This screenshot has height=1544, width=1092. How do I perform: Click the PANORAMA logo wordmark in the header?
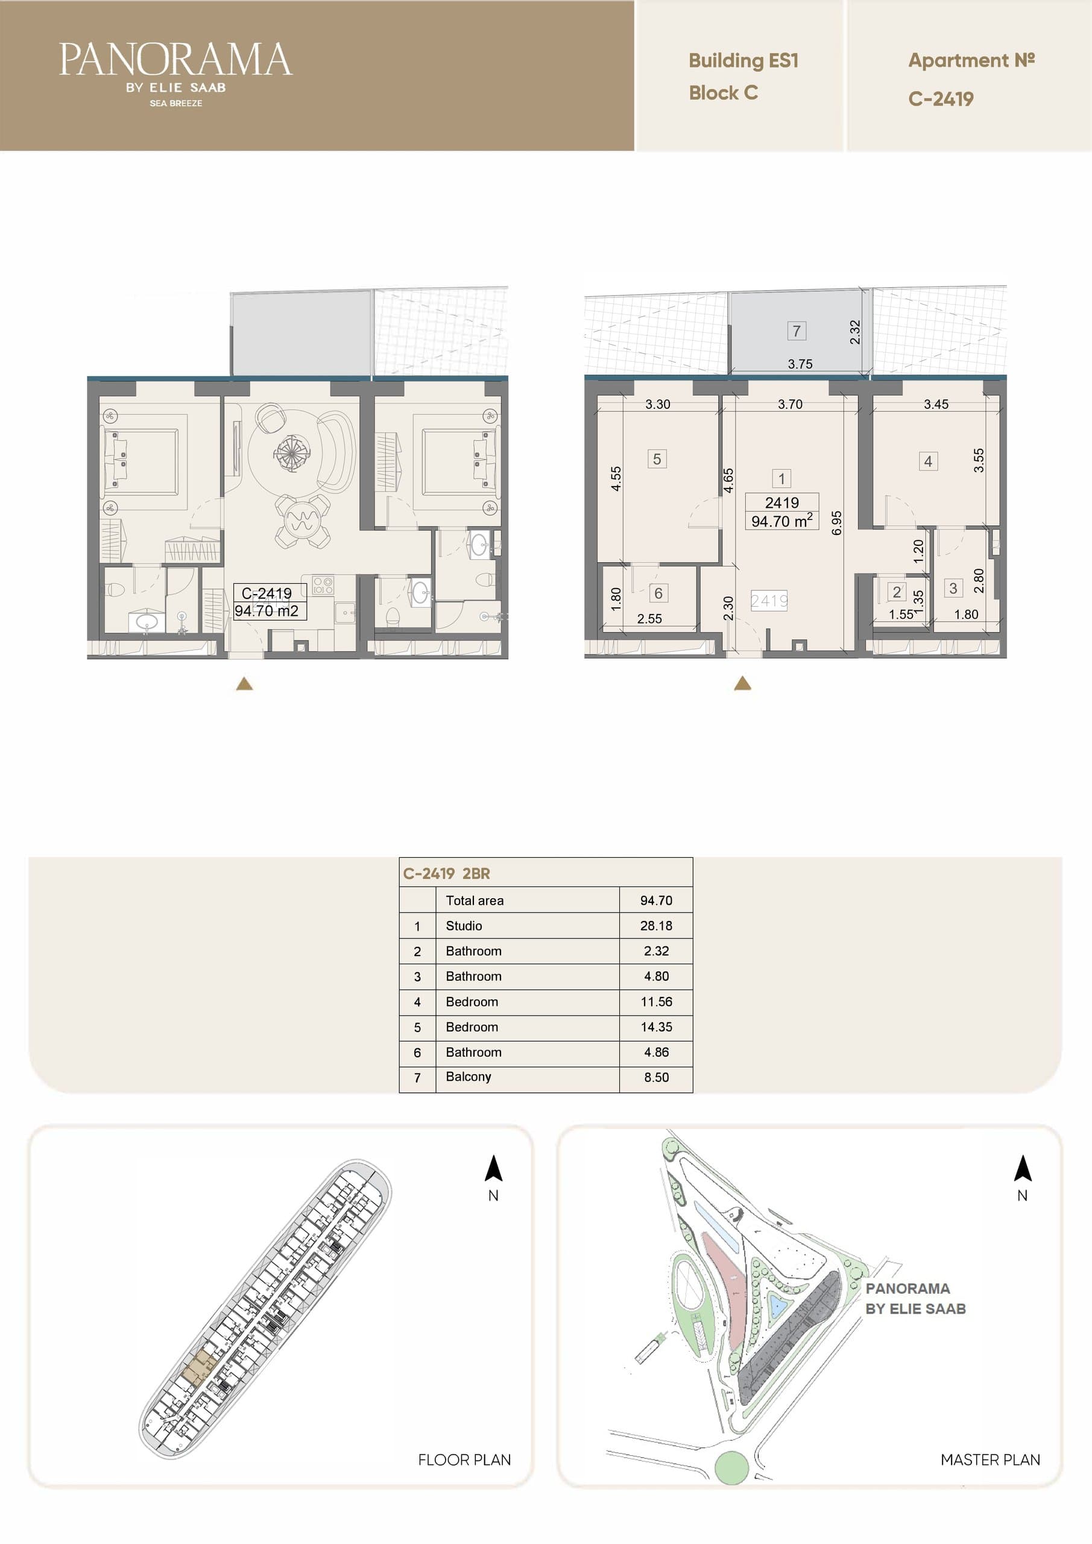pyautogui.click(x=175, y=59)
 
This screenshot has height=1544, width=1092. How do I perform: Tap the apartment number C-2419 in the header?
pyautogui.click(x=941, y=99)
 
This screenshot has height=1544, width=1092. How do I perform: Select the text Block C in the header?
pyautogui.click(x=724, y=93)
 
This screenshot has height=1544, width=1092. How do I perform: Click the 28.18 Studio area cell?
pyautogui.click(x=655, y=925)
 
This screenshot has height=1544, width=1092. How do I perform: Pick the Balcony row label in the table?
pyautogui.click(x=468, y=1077)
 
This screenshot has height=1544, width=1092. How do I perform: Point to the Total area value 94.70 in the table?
pyautogui.click(x=655, y=900)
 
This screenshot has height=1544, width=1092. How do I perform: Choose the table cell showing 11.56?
pyautogui.click(x=655, y=1001)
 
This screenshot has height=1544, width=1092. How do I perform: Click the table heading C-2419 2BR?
pyautogui.click(x=446, y=873)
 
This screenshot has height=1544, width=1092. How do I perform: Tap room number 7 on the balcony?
pyautogui.click(x=796, y=331)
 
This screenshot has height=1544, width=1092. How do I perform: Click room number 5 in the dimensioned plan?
pyautogui.click(x=657, y=460)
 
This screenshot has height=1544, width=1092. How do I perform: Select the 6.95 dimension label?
pyautogui.click(x=836, y=522)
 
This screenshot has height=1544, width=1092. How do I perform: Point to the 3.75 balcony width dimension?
pyautogui.click(x=800, y=364)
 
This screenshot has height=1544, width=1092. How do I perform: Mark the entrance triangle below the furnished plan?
pyautogui.click(x=245, y=684)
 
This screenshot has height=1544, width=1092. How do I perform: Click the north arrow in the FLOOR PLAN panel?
pyautogui.click(x=494, y=1168)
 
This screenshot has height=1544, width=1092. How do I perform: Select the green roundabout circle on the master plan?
pyautogui.click(x=731, y=1467)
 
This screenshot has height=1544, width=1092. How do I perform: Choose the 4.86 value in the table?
pyautogui.click(x=655, y=1052)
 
